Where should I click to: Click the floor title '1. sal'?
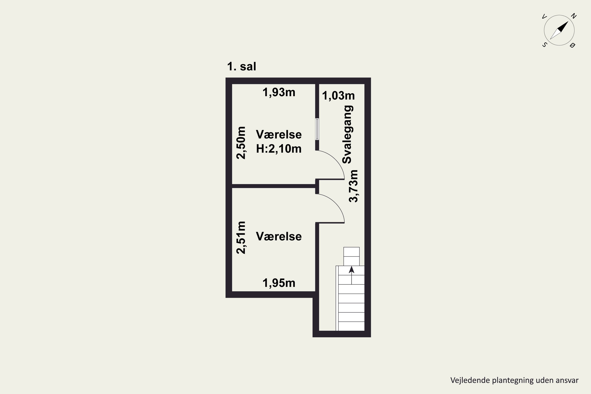pos(242,67)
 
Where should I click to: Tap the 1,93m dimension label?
pos(279,92)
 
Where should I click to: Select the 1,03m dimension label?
pos(338,96)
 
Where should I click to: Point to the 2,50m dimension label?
pos(241,143)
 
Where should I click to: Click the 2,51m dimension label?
pos(241,237)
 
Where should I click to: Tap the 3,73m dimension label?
pos(353,186)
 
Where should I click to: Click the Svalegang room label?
pos(348,134)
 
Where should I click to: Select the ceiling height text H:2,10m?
pos(279,149)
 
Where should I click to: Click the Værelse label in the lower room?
pos(279,236)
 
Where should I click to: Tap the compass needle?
pos(559,30)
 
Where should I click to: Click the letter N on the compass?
pos(573,16)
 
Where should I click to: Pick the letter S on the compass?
pos(544,45)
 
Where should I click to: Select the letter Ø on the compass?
pos(573,45)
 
